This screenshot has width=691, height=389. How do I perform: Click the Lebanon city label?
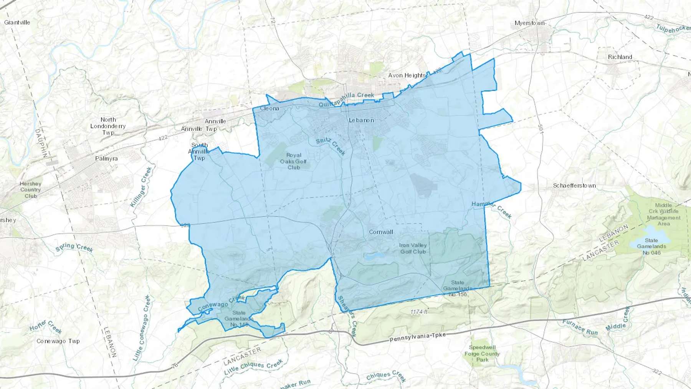click(x=361, y=120)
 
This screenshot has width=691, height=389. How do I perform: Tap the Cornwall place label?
click(x=381, y=232)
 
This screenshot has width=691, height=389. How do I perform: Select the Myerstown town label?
click(x=529, y=23)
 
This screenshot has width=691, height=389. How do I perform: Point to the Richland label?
click(x=620, y=57)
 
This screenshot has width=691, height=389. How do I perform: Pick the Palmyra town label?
click(x=106, y=159)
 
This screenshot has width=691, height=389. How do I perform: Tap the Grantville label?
click(x=17, y=22)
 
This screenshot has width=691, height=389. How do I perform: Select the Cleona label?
click(x=269, y=108)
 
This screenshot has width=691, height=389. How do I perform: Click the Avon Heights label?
click(x=407, y=75)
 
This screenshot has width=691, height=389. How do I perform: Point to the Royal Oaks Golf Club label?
click(x=294, y=161)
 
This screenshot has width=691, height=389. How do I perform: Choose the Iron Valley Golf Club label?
click(x=413, y=248)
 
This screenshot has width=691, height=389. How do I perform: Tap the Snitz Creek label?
click(x=331, y=146)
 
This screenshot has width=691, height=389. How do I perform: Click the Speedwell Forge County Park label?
click(x=482, y=353)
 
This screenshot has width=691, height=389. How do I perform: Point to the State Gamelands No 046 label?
click(x=651, y=247)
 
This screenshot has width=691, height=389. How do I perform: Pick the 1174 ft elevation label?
click(x=418, y=312)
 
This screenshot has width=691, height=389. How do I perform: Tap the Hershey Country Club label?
click(x=31, y=190)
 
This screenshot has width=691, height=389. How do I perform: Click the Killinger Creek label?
click(x=141, y=187)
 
